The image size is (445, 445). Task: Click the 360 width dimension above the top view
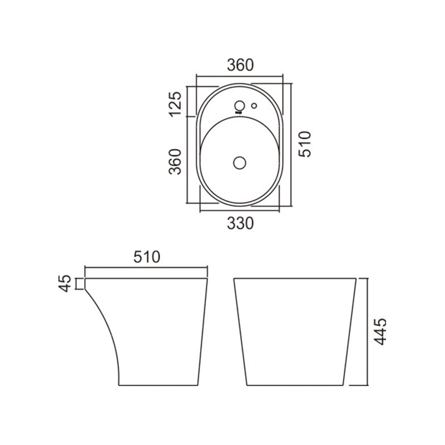[x=240, y=65]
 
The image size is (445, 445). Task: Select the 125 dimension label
[x=175, y=104]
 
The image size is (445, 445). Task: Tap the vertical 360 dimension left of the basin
[x=175, y=161]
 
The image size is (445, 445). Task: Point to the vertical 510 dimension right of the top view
[x=305, y=144]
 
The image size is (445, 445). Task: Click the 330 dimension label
[x=240, y=223]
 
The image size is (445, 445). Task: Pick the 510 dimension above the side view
[x=147, y=257]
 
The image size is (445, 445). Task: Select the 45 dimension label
[x=65, y=283]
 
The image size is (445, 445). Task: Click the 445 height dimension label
[x=380, y=332]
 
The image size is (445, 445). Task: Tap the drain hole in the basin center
[x=240, y=163]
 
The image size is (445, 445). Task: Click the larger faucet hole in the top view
[x=240, y=106]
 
